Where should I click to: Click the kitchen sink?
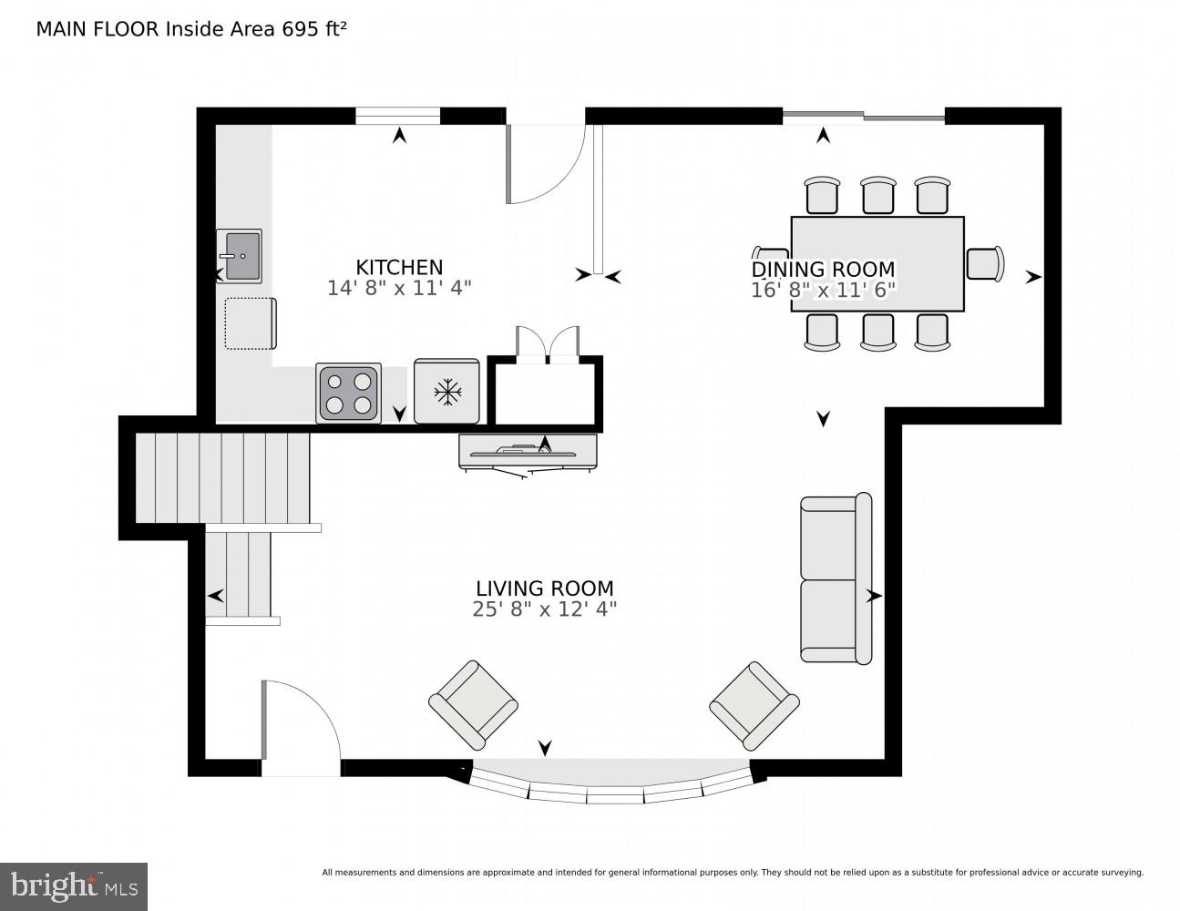(x=239, y=256)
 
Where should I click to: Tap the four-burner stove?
(x=349, y=393)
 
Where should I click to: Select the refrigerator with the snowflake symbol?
(x=446, y=392)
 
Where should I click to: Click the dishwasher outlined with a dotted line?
(x=250, y=323)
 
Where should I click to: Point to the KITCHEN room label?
(x=398, y=267)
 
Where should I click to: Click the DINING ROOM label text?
(x=823, y=270)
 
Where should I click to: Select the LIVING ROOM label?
(x=544, y=589)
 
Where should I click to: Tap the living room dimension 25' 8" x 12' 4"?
(x=544, y=609)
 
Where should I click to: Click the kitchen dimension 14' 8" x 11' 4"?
(x=398, y=288)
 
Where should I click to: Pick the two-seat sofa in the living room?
(x=835, y=578)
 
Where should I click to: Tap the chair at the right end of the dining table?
(x=984, y=263)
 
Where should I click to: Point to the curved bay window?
(x=611, y=783)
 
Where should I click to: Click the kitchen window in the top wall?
(x=397, y=116)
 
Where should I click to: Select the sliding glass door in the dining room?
(x=864, y=116)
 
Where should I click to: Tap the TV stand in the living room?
(x=528, y=452)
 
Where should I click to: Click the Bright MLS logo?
(x=74, y=886)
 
